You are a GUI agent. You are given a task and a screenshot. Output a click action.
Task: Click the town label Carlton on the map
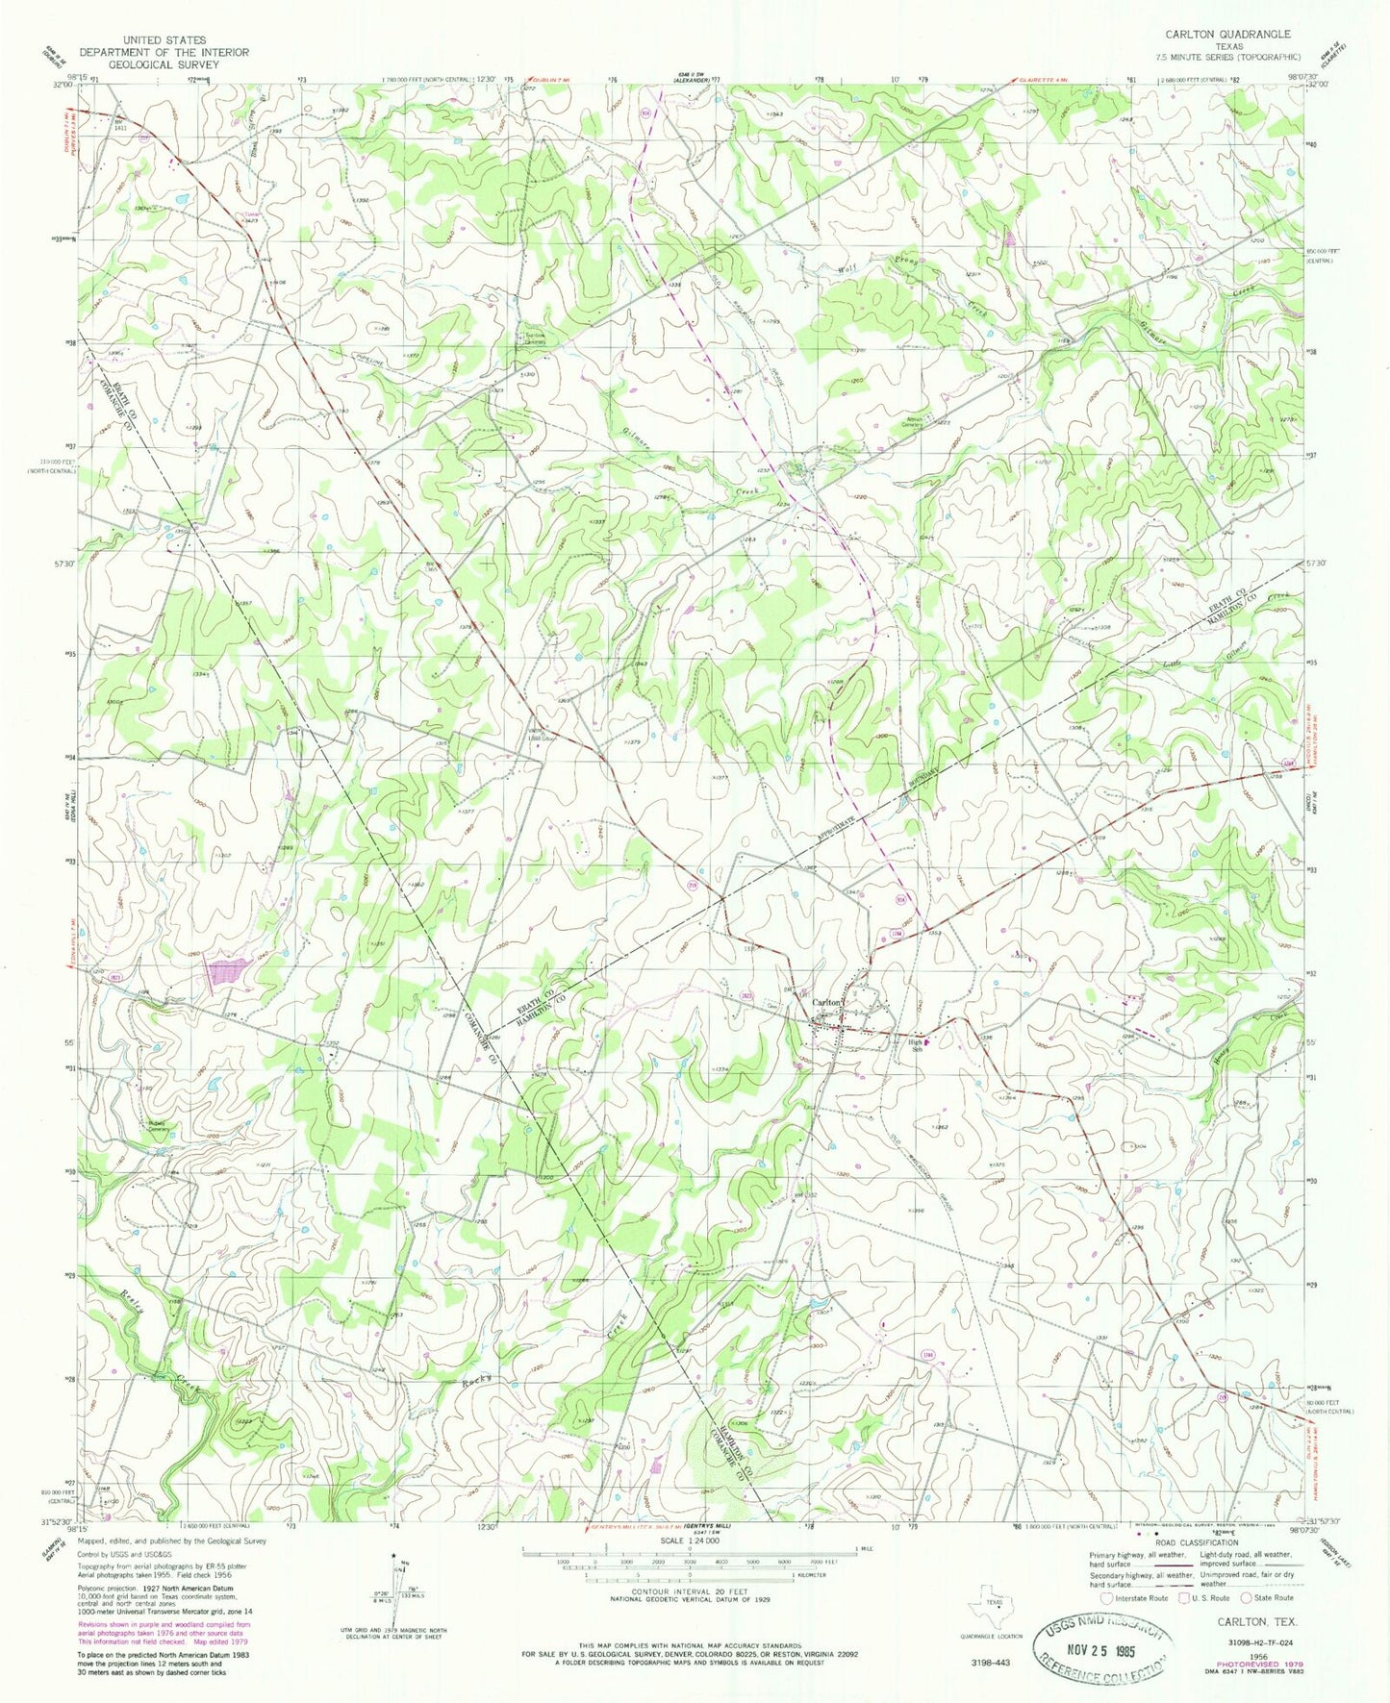[x=828, y=1002]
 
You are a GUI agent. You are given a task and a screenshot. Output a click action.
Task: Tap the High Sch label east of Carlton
[x=918, y=1044]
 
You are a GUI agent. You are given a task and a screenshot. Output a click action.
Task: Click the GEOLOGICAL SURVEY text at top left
[x=164, y=64]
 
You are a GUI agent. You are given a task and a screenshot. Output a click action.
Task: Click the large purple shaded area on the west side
[x=228, y=976]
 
